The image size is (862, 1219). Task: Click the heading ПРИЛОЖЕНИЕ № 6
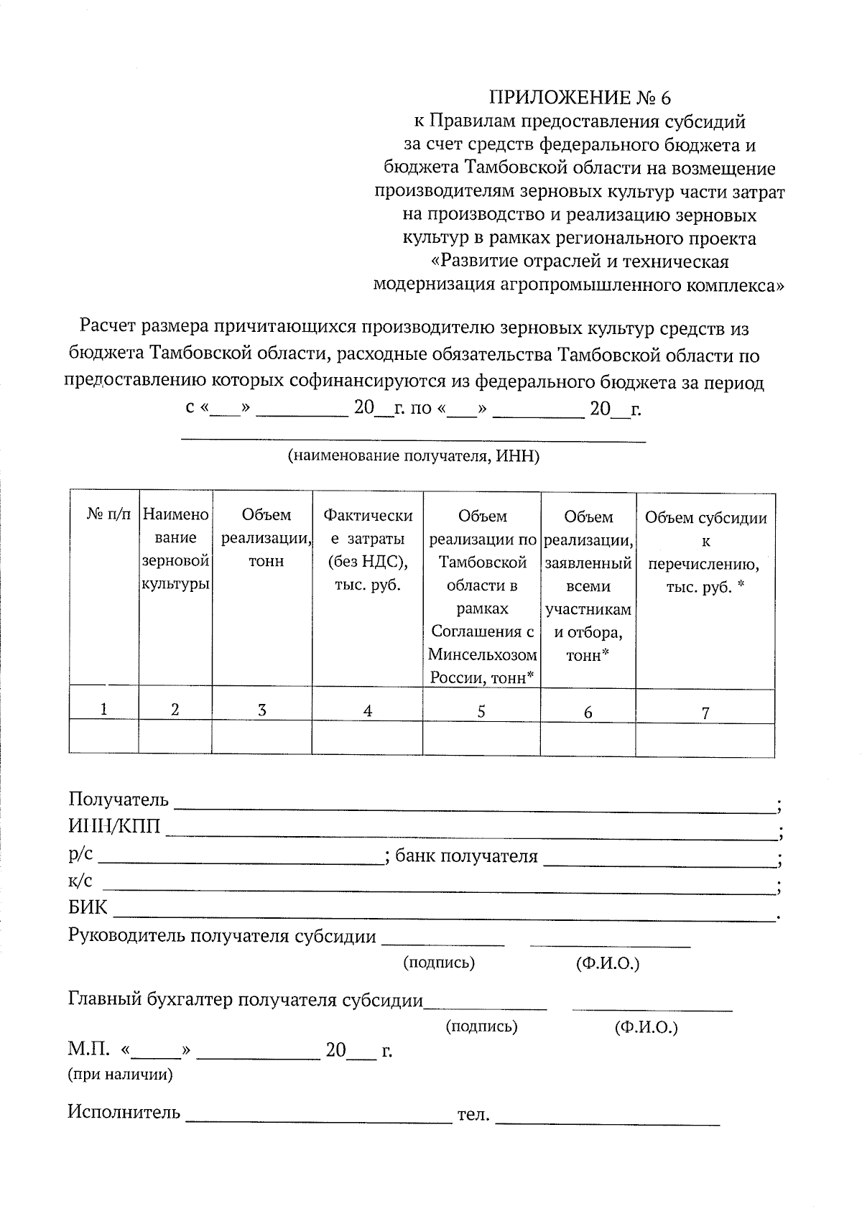pos(579,97)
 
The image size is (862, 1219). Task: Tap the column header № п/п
pos(109,515)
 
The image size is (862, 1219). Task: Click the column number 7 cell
pos(705,713)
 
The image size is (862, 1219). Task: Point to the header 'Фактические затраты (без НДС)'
pos(368,550)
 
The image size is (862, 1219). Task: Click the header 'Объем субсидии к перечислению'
pos(705,552)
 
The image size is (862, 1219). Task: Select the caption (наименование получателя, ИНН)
pos(413,456)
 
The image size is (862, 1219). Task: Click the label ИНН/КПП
pos(114,827)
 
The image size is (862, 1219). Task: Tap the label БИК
pos(88,908)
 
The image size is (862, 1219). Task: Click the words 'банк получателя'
pos(466,856)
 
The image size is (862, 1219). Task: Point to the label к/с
pos(80,881)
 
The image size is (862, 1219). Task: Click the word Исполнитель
pos(124,1113)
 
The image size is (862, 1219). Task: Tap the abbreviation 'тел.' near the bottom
pos(473,1115)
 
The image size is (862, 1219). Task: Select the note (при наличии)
pos(120,1075)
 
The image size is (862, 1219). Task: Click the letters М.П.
pos(88,1050)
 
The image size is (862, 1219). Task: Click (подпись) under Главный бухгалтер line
pos(481,1026)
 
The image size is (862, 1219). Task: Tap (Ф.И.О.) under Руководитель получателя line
pos(607,963)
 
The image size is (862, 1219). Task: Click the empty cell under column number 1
pos(103,738)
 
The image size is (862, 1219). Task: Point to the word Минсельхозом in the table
pos(482,655)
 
